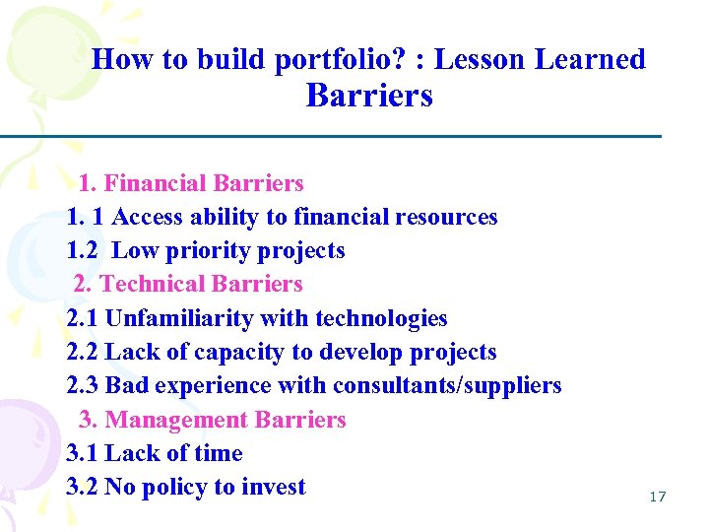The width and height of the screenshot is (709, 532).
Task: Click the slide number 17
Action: tap(658, 497)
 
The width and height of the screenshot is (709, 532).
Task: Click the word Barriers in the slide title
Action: tap(369, 96)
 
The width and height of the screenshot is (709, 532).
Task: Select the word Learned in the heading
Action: tap(590, 59)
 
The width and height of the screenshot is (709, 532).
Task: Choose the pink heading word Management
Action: tap(176, 420)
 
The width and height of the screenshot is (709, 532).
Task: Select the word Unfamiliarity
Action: tap(177, 318)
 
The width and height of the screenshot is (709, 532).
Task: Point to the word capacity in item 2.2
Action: tap(239, 352)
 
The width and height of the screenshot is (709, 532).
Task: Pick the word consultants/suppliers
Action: tap(447, 385)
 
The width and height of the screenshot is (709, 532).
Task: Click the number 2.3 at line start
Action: tap(82, 385)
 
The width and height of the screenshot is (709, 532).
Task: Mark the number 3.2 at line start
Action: tap(82, 487)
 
